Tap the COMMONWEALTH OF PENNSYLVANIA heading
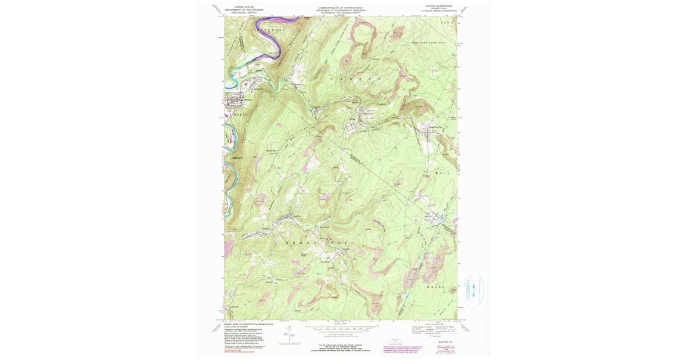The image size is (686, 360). [342, 7]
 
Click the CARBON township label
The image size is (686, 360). [354, 78]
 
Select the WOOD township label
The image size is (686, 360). [444, 172]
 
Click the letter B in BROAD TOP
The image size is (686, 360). [286, 243]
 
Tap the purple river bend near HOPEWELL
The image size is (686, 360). [280, 32]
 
